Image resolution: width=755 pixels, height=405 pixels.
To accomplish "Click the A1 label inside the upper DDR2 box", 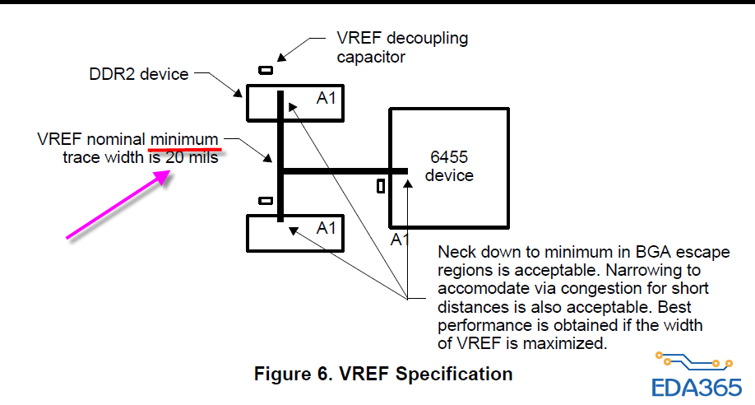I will [x=327, y=99].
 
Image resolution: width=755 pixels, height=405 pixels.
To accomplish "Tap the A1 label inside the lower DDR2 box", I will [x=327, y=228].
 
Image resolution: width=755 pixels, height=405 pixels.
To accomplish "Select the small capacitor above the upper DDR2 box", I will [x=266, y=70].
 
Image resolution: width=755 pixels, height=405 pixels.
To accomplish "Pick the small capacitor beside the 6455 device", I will [x=380, y=186].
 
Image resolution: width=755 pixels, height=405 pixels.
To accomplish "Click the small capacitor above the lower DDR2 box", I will [x=265, y=200].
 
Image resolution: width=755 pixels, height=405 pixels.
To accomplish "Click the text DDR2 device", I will [x=139, y=75].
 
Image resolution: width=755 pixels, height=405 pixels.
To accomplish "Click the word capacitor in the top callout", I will [x=371, y=58].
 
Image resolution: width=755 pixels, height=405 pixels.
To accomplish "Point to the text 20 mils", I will [x=192, y=156].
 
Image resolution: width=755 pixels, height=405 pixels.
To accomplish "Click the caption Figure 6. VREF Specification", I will [x=383, y=374].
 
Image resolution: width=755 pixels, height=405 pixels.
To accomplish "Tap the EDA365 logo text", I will [x=696, y=386].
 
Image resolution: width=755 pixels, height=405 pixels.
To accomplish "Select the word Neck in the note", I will [x=456, y=252].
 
